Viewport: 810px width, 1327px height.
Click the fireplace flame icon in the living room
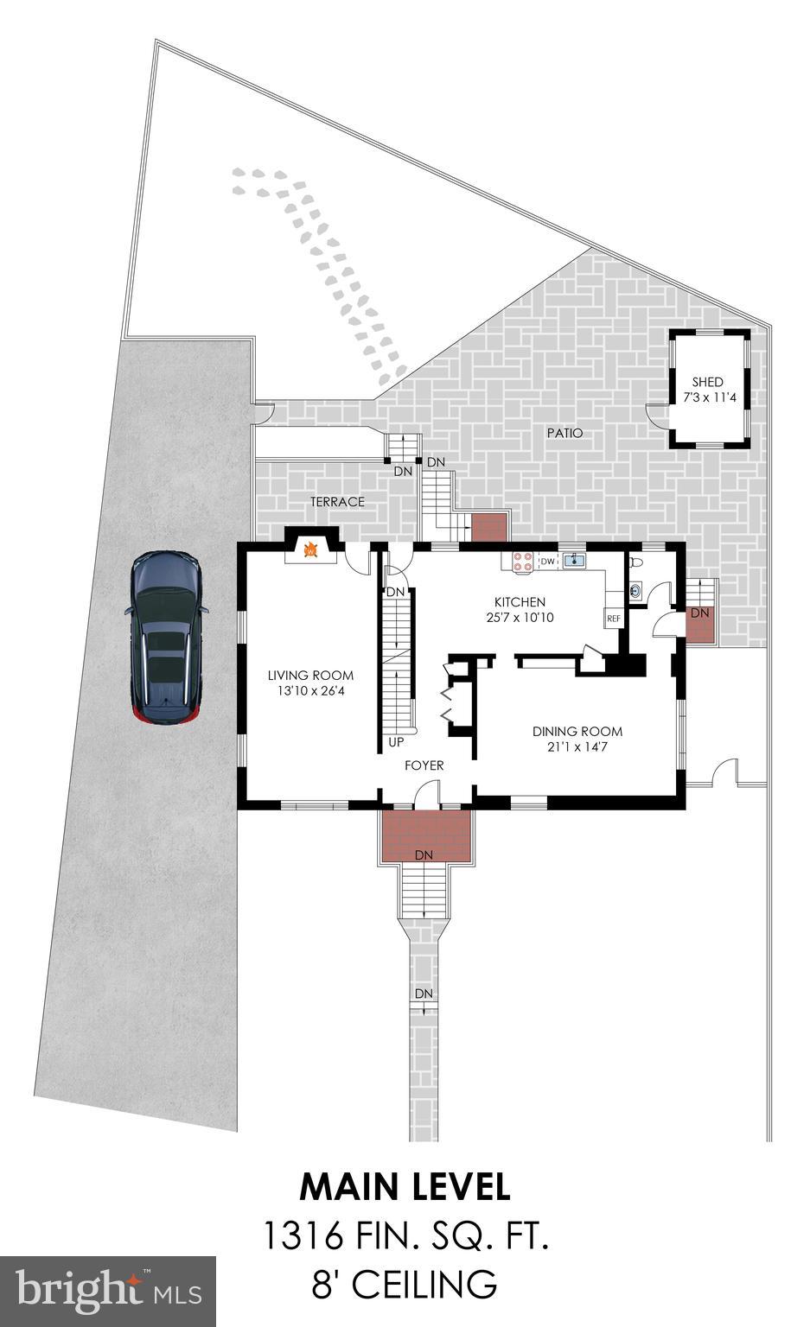coord(309,548)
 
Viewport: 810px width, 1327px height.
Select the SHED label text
coord(707,382)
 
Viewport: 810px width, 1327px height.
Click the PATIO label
coord(564,433)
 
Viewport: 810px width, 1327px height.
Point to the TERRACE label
coord(337,502)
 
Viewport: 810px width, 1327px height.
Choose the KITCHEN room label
coord(520,602)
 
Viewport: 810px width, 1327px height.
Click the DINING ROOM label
coord(577,731)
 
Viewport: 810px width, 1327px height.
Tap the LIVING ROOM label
coord(310,676)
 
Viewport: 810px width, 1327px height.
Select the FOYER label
coord(424,765)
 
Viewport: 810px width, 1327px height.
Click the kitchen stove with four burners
coord(522,562)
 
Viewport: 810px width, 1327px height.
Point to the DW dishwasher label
coord(546,562)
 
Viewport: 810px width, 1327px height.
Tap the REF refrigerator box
coord(614,619)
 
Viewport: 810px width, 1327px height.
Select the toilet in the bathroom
coord(637,562)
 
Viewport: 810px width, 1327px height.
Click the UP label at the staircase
coord(397,742)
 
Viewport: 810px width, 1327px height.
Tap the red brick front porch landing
coord(426,835)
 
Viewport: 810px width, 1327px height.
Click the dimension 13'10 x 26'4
coord(310,691)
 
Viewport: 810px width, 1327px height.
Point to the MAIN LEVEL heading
coord(405,1187)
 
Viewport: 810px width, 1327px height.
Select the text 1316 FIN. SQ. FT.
coord(405,1236)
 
